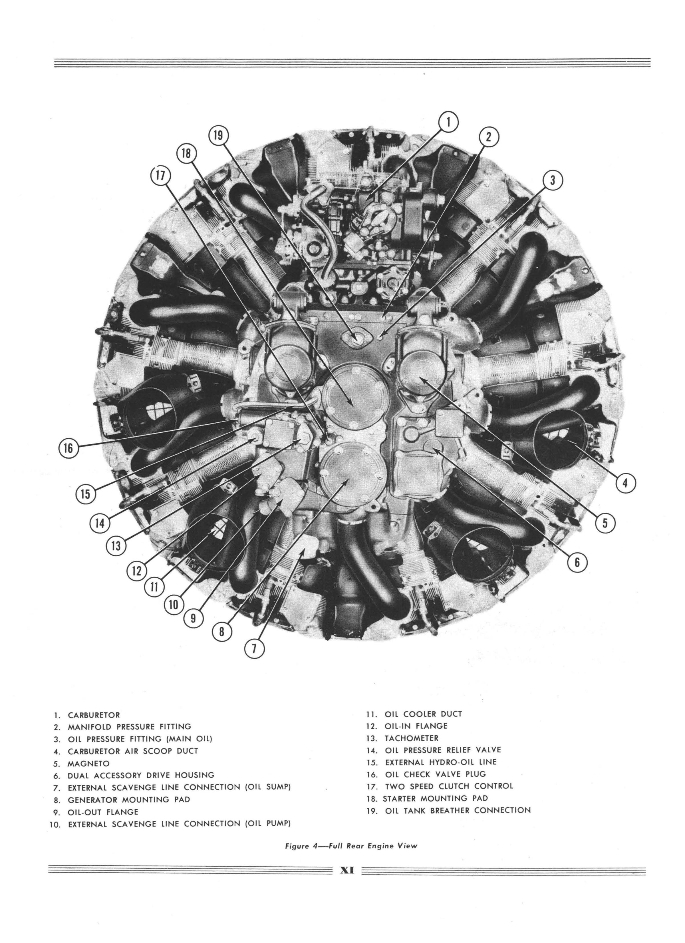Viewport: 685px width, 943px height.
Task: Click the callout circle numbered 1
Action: pos(448,122)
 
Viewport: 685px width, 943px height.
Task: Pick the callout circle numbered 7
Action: pos(255,648)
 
